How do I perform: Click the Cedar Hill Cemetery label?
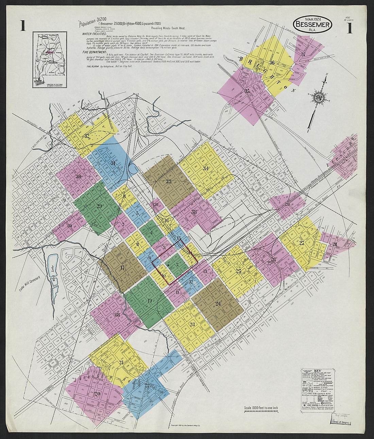coord(28,284)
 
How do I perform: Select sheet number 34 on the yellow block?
coord(206,168)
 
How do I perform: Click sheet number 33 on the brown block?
coord(169,182)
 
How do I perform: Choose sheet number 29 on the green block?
coord(99,206)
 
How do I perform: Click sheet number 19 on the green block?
coord(150,300)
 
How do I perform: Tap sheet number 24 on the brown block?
coord(218,304)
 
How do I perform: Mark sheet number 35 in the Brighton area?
coord(247,91)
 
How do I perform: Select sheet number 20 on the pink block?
coord(98,393)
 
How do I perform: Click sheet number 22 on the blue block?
coord(147,385)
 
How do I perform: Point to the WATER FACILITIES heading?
coord(94,34)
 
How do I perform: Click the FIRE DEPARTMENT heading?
coord(94,52)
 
